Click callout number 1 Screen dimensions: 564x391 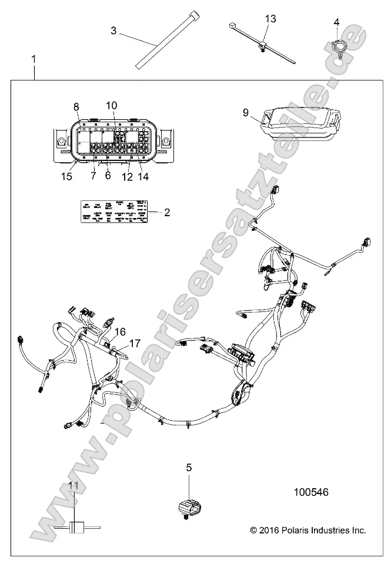point(34,59)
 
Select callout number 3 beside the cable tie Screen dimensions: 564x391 point(113,30)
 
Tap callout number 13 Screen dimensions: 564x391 point(270,19)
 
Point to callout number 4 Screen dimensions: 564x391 point(336,22)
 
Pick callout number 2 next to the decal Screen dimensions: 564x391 point(167,212)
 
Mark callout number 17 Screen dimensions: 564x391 point(135,343)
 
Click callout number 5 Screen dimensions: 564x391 point(189,468)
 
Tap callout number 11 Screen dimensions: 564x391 point(73,485)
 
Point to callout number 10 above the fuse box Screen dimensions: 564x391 point(111,106)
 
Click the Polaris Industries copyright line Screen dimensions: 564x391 point(308,530)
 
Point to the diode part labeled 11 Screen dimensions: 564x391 point(75,526)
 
